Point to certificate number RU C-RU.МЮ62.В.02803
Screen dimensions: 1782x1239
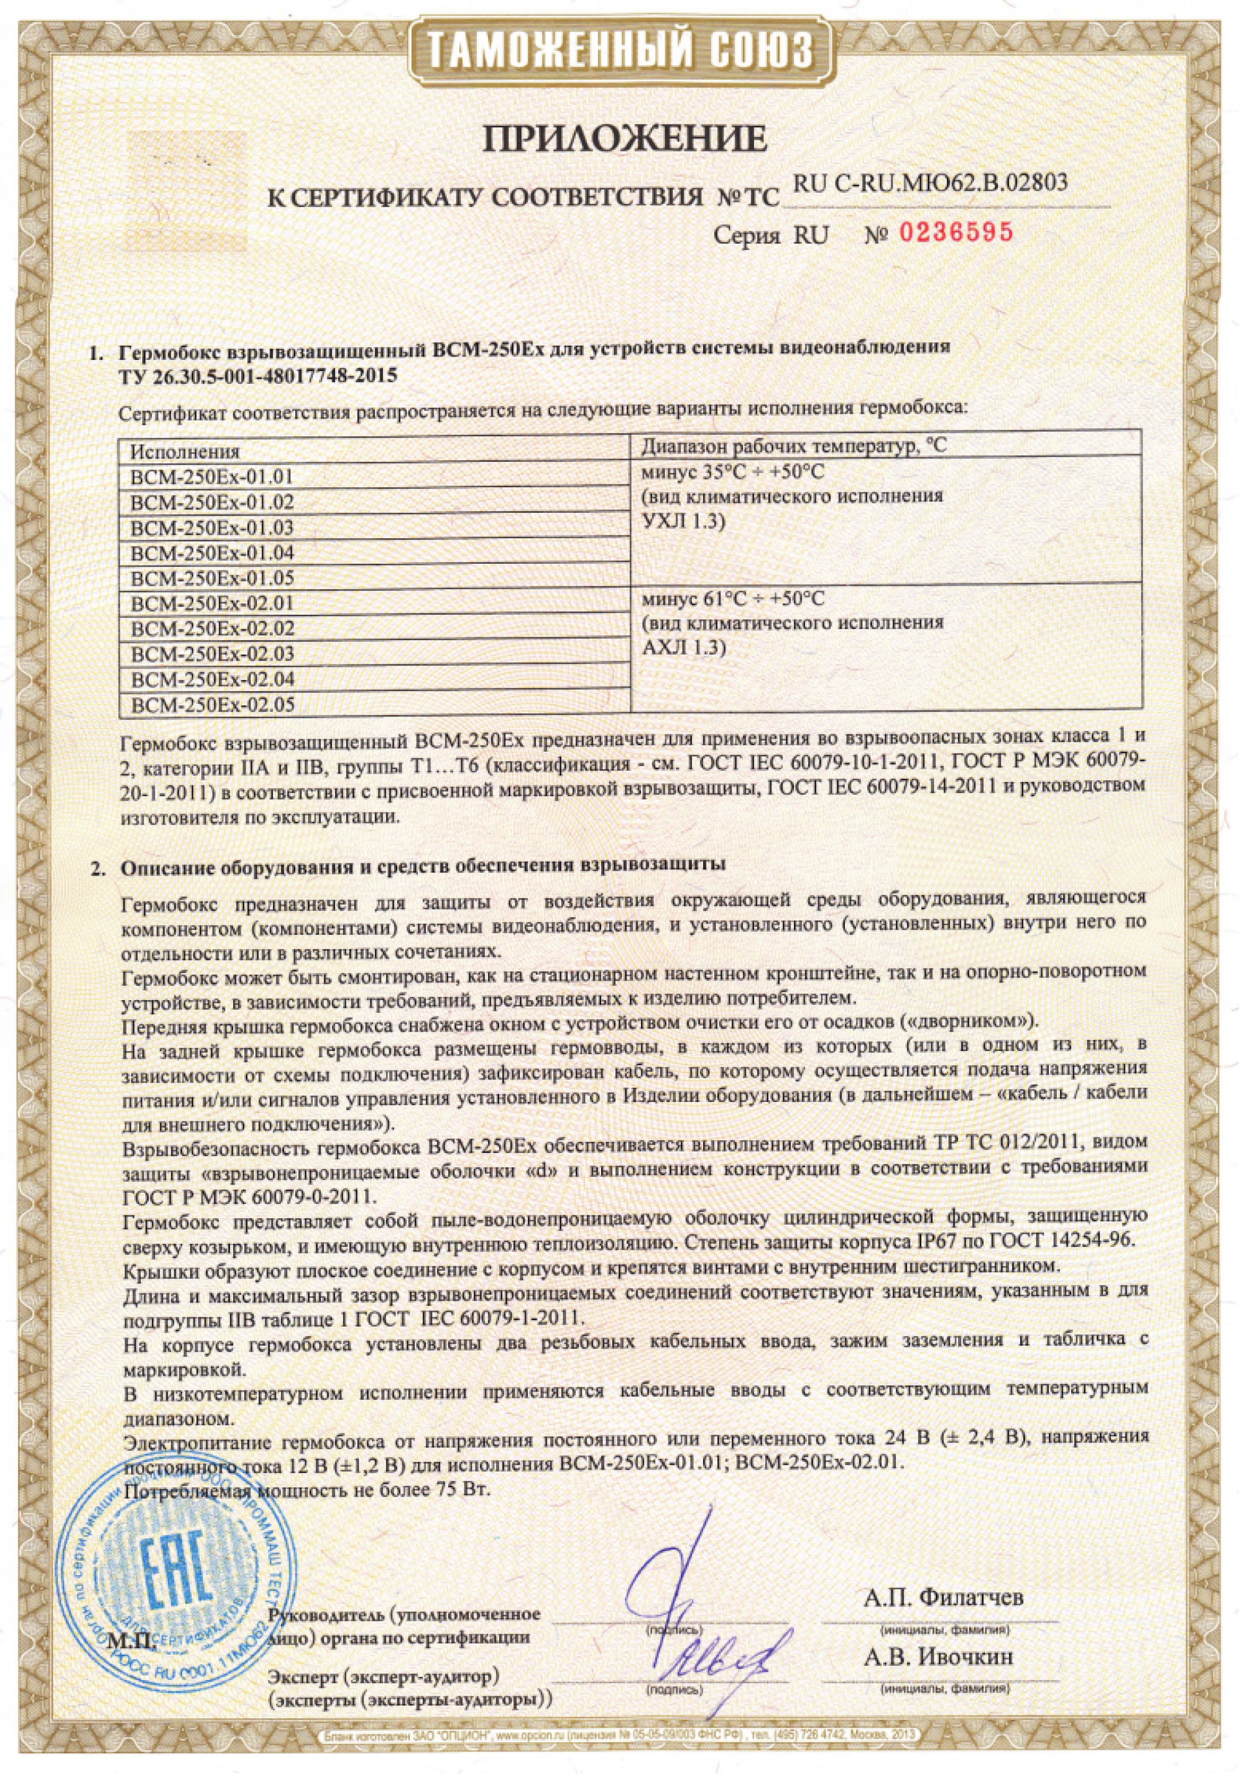click(x=931, y=183)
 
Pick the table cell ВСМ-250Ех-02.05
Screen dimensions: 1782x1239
click(x=213, y=705)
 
